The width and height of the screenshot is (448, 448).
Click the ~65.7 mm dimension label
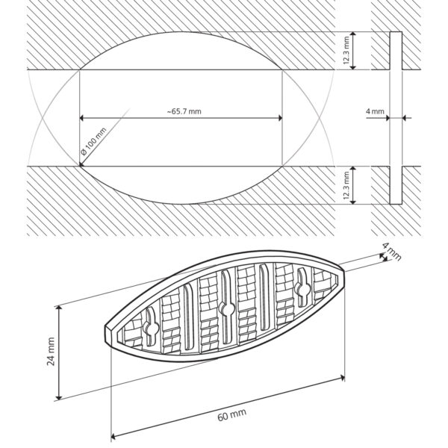pos(184,111)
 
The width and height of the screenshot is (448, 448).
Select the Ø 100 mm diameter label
pos(93,141)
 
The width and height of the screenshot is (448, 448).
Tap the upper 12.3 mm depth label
pos(346,50)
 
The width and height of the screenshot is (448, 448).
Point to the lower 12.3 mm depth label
pos(346,185)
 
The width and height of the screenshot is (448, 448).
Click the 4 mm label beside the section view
pos(375,111)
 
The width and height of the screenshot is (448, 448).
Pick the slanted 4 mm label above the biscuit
pos(392,251)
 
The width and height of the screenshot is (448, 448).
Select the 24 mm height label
pos(51,352)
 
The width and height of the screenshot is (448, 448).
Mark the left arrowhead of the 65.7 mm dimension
pos(81,118)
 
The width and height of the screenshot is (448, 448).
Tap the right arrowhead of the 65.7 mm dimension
pos(280,118)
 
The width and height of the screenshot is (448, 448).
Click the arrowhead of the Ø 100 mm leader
pos(81,164)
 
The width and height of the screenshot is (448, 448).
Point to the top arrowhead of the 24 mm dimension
pos(58,308)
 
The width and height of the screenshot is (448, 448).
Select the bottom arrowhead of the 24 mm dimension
pos(58,397)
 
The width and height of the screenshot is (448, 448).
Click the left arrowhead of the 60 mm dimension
pos(113,436)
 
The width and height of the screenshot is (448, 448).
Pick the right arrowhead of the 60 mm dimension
pos(342,378)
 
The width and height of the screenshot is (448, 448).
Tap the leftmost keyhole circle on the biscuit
pos(151,328)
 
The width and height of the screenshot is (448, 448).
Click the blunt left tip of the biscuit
pos(108,335)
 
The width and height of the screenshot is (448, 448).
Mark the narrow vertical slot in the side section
pos(396,118)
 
